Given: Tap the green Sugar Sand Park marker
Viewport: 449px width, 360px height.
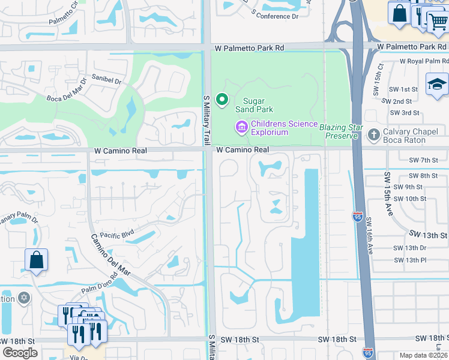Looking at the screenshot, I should coord(223,100).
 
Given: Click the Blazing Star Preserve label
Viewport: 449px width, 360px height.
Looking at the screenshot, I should coord(343,131).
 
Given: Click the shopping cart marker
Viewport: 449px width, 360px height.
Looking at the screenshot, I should coord(437,22).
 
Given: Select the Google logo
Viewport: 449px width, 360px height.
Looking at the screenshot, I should coord(20,353).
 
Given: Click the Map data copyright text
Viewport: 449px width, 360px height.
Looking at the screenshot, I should coord(423,355).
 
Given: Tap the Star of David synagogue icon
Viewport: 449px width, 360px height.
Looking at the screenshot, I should coord(24,298).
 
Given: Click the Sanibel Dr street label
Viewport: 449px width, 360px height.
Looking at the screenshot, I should coord(106,79).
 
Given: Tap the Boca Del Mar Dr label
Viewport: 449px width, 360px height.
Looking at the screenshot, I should coord(67,97).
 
